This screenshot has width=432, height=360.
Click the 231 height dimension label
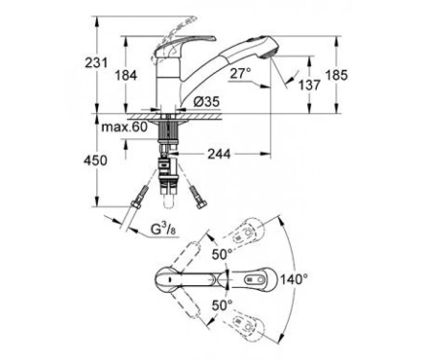[x=96, y=62]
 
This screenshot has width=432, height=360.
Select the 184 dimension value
[x=126, y=76]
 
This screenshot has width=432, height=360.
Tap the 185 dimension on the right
[x=336, y=75]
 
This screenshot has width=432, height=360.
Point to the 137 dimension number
[x=309, y=85]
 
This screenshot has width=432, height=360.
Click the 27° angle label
[x=241, y=74]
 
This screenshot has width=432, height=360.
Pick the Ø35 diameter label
[x=206, y=102]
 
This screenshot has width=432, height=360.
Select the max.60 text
[x=125, y=127]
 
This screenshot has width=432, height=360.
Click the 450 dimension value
[x=95, y=160]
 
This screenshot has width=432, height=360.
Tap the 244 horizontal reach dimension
[x=219, y=154]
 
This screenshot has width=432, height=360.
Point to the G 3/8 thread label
[x=164, y=230]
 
